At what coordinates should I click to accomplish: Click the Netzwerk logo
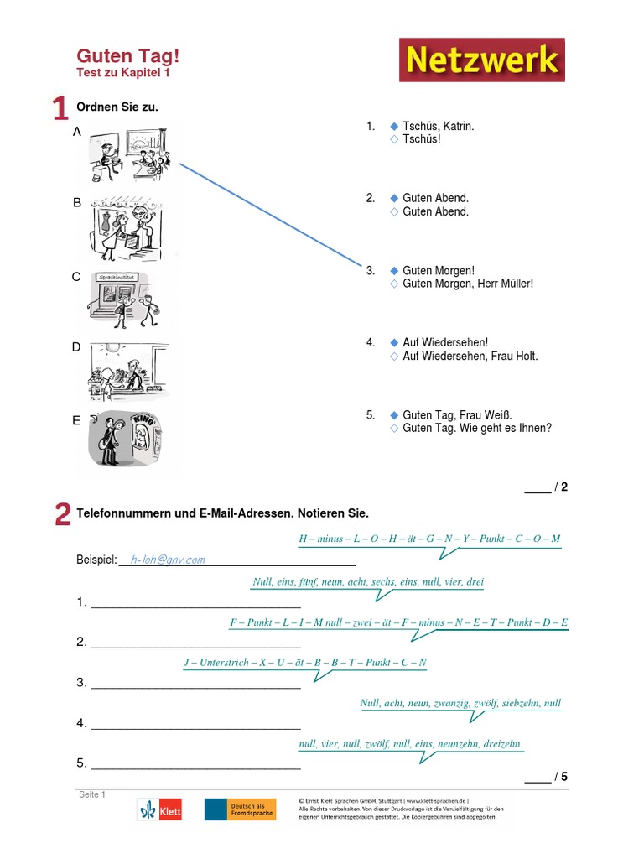tap(482, 60)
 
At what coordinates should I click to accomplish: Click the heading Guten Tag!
tap(128, 55)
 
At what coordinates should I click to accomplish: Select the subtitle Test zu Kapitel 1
tap(123, 73)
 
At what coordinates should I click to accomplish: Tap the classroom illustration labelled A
tap(130, 154)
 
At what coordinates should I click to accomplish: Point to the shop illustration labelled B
tap(127, 228)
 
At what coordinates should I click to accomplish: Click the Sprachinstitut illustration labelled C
tap(123, 300)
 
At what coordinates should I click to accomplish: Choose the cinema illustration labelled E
tap(126, 439)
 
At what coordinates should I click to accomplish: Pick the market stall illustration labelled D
tap(128, 372)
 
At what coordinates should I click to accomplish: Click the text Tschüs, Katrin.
tap(438, 126)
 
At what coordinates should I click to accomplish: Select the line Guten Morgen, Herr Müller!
tap(468, 284)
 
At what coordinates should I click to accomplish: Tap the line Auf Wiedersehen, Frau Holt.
tap(470, 356)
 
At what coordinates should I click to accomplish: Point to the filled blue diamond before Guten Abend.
tap(394, 198)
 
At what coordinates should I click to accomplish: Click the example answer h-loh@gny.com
tap(168, 560)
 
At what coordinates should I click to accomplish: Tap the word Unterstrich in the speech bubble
tap(223, 663)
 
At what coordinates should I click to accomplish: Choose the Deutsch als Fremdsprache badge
tap(241, 810)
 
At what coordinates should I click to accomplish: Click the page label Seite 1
tap(92, 794)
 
